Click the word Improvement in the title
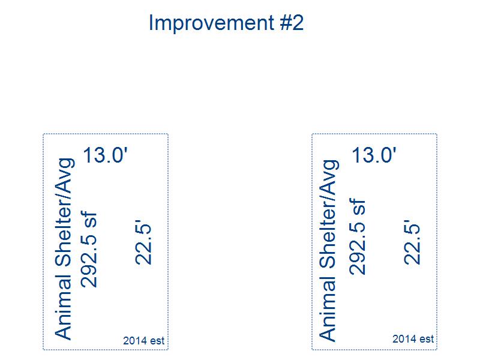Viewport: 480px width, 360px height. [212, 23]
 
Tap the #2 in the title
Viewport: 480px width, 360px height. [292, 22]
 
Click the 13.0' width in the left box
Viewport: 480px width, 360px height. [105, 155]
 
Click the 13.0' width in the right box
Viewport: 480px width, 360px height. [374, 155]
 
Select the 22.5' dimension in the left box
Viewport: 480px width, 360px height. [143, 242]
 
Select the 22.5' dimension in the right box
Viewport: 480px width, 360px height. [412, 242]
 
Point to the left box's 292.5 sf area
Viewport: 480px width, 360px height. [89, 249]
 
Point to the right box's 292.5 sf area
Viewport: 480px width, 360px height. [357, 236]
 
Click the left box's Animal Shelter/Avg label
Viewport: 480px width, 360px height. [64, 249]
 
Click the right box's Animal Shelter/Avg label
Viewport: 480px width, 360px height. [329, 250]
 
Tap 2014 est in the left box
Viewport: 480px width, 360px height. [143, 340]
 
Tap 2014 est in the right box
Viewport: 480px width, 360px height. [413, 338]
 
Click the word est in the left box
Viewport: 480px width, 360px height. [157, 341]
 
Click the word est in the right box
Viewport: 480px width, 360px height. [427, 339]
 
